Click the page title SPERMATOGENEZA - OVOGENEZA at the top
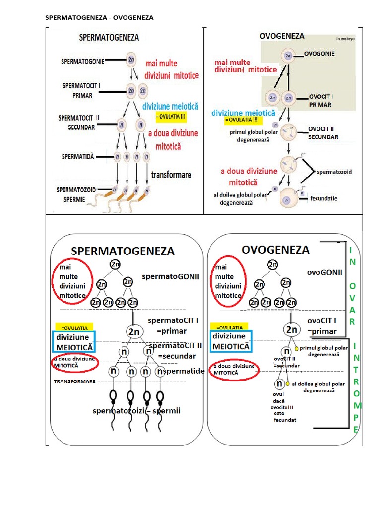(99, 18)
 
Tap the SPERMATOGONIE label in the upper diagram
(82, 62)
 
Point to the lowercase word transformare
(171, 175)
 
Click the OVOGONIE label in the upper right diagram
(318, 54)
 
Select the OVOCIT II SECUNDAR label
(323, 133)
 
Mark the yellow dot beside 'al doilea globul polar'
(288, 384)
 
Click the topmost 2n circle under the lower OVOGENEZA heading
(273, 265)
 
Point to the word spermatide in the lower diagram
(183, 371)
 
